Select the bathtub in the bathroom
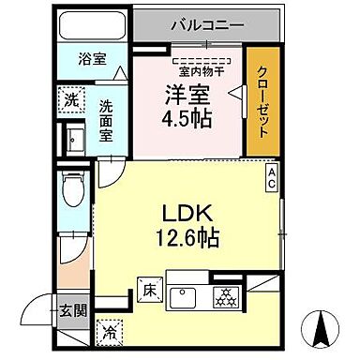point(91,28)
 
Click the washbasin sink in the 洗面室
point(75,140)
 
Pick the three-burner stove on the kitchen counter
point(223,296)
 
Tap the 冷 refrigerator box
point(110,330)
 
